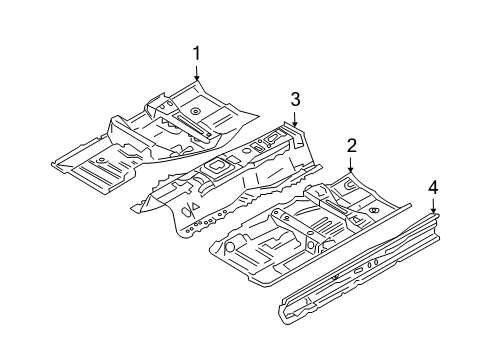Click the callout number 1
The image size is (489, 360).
(x=197, y=53)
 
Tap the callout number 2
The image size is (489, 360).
(x=351, y=146)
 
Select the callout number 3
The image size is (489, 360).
(x=295, y=99)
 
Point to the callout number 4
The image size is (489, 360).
(x=433, y=188)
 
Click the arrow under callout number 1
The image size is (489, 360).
(x=197, y=73)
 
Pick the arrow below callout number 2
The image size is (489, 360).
(x=350, y=165)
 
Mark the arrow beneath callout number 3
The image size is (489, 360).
(x=295, y=119)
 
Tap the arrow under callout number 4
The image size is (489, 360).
(x=433, y=206)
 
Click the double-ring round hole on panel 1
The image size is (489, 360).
(x=195, y=111)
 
